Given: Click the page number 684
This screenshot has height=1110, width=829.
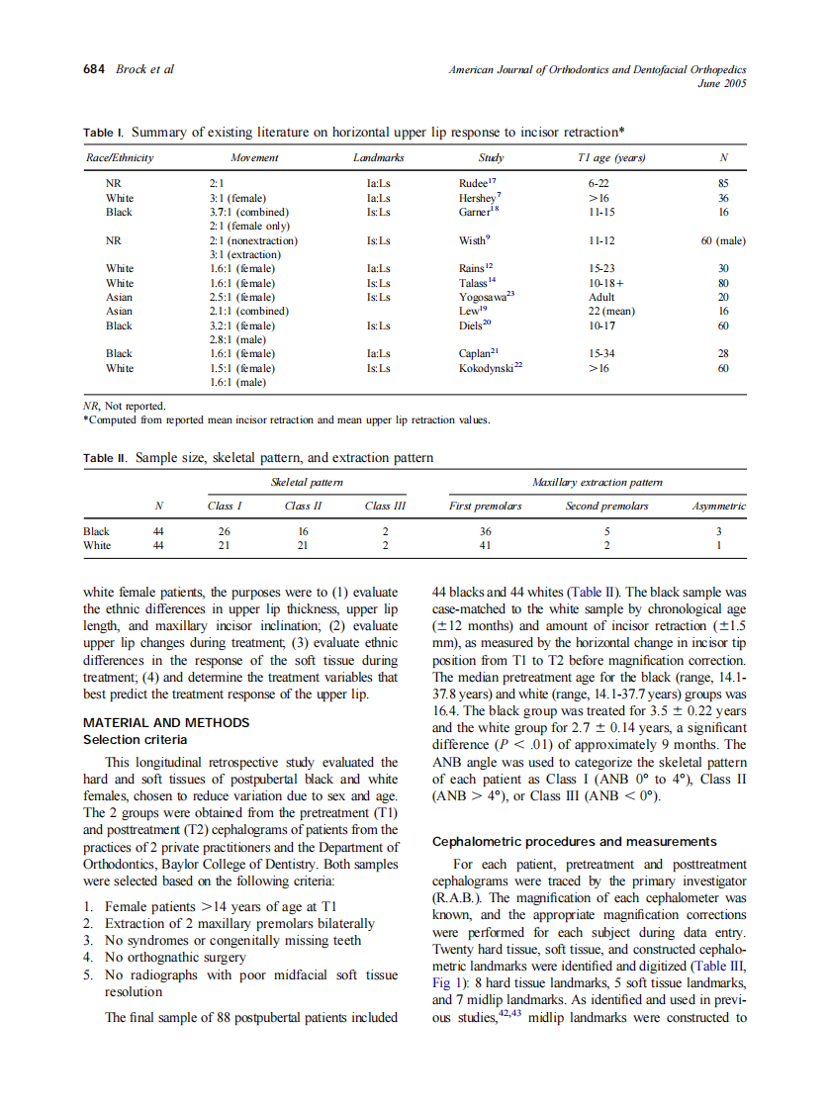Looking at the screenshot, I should click(96, 69).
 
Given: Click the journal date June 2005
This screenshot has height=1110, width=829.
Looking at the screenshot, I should click(721, 83).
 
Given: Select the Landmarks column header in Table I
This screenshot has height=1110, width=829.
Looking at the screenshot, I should click(378, 157).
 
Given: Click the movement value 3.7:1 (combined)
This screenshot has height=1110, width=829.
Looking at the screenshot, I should click(249, 212).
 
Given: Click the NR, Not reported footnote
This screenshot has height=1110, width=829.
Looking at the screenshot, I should click(125, 405).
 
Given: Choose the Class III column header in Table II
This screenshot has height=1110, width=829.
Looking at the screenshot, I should click(385, 506).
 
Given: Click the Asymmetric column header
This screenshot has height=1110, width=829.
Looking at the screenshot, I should click(718, 506).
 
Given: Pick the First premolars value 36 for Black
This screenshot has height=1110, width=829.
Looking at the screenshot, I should click(486, 531).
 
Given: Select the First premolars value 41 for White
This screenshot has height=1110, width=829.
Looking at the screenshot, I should click(486, 545).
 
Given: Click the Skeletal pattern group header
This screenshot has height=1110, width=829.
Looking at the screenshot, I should click(308, 482).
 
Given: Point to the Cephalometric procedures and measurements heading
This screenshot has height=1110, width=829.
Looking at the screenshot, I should click(574, 842).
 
